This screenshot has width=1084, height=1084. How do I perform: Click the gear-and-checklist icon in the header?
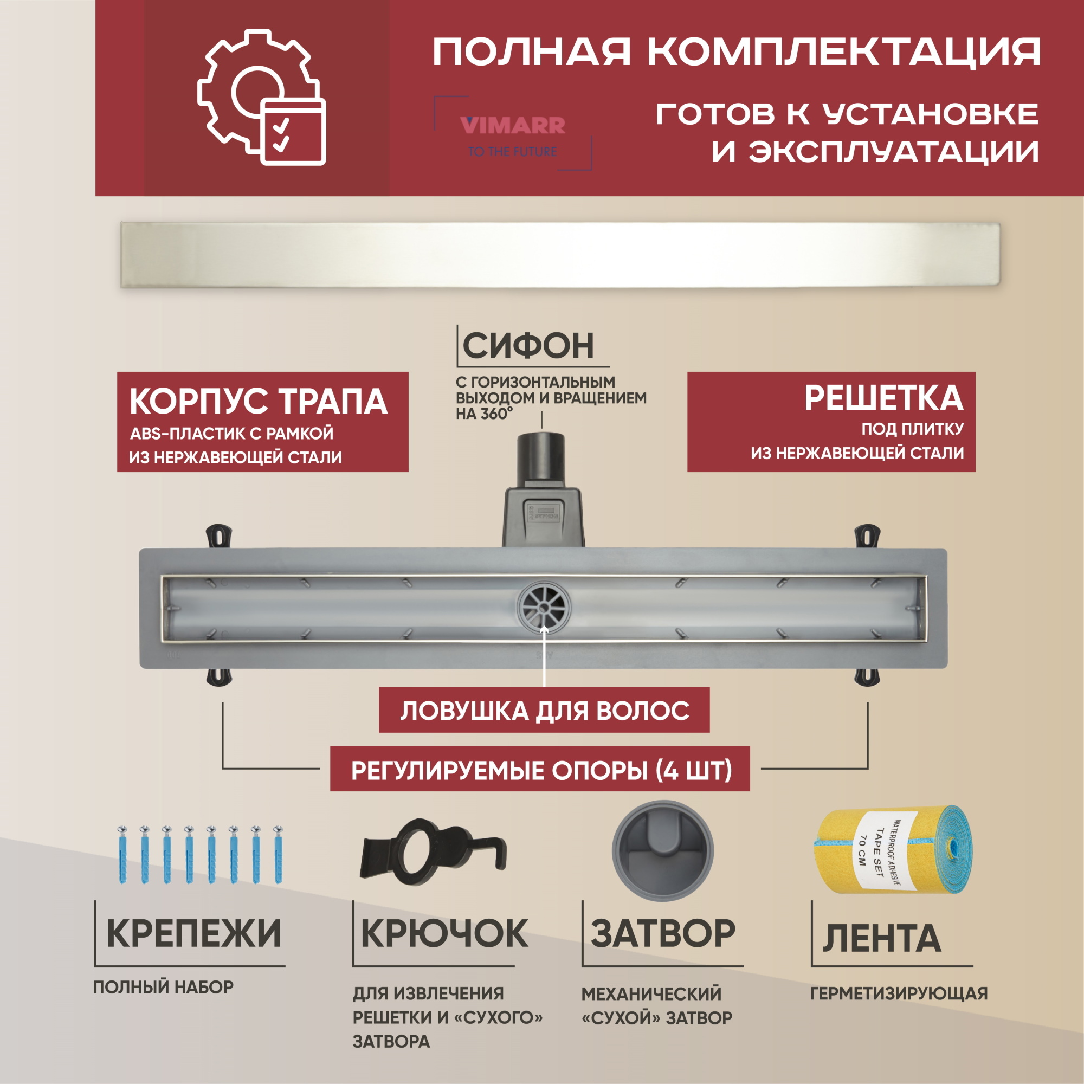[261, 99]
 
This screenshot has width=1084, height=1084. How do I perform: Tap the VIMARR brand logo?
[512, 126]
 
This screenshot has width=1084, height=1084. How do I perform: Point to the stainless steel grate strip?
[560, 255]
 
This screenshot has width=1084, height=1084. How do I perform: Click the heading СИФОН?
[528, 346]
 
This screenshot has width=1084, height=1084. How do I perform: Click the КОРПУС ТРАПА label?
[259, 402]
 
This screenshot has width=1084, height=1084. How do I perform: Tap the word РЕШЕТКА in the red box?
[883, 398]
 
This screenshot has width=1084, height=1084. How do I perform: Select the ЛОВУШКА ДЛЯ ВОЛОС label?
[544, 711]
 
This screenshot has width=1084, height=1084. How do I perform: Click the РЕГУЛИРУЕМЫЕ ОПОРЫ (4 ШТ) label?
[541, 770]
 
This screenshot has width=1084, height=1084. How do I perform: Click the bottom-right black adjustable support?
[866, 675]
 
